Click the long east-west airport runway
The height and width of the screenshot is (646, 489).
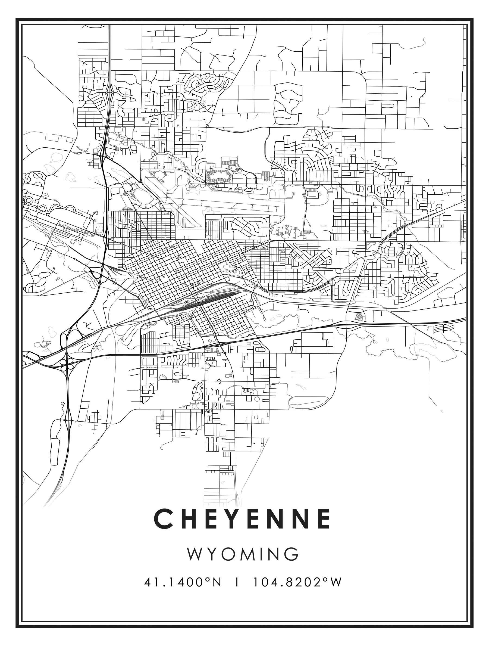(x=228, y=204)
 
